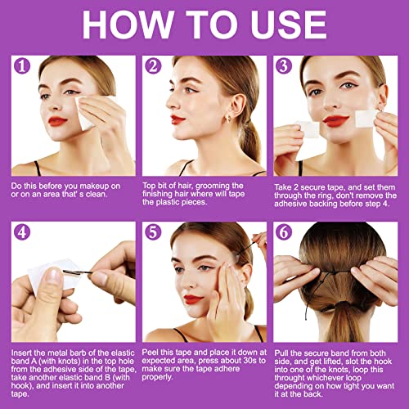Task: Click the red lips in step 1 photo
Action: (x=58, y=123)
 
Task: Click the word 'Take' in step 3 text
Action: (x=285, y=187)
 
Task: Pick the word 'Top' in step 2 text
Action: (x=152, y=187)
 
